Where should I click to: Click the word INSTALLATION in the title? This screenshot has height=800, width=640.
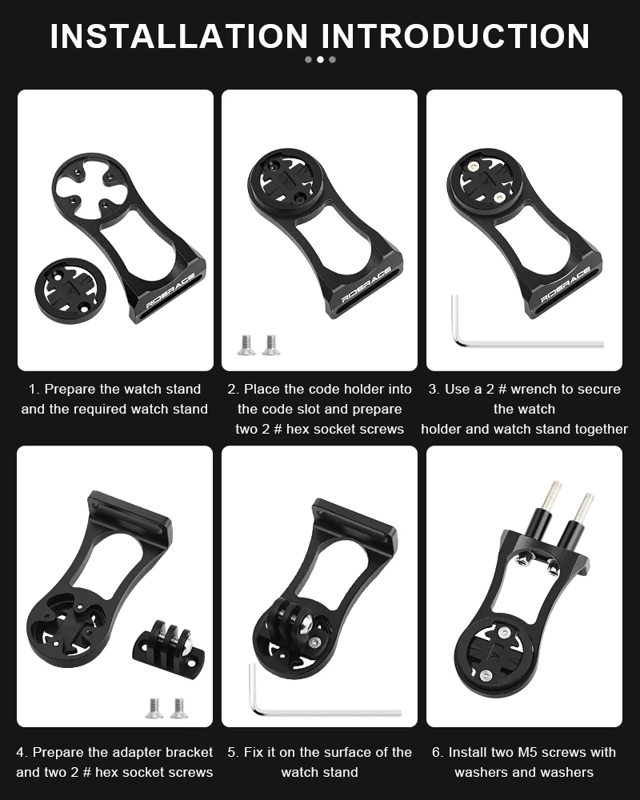coord(178,36)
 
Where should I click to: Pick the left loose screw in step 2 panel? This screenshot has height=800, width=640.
coord(246,344)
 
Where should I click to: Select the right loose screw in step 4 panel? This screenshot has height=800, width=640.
coord(178,707)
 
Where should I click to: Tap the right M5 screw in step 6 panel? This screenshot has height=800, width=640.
coord(582,520)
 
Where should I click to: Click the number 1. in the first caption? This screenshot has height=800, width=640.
coord(34,390)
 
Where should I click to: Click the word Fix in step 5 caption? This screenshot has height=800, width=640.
coord(254,753)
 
